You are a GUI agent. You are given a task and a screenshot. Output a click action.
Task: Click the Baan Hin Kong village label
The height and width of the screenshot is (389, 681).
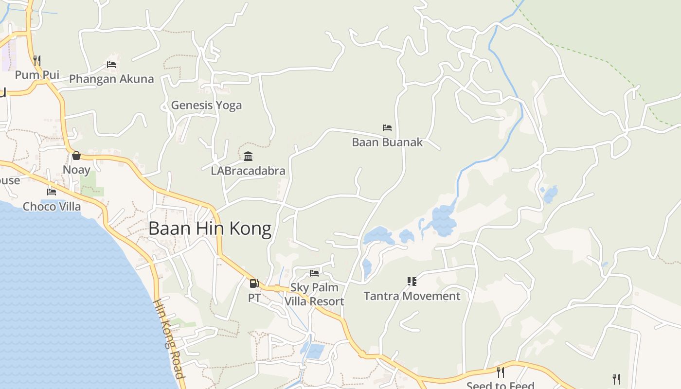tap(210, 229)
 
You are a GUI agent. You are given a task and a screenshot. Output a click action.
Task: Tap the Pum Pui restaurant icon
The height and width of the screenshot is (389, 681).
tap(37, 60)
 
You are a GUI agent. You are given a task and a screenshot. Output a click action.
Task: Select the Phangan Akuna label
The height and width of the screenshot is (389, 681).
tap(111, 79)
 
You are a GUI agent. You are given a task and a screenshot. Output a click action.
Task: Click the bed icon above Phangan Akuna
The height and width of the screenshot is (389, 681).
tap(111, 64)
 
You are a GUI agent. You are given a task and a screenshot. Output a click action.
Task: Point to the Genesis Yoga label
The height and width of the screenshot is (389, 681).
tap(206, 105)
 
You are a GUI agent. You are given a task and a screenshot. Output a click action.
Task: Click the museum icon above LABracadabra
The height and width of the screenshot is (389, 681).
tap(248, 156)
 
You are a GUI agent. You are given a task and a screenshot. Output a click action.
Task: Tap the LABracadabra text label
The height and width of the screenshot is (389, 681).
tap(248, 171)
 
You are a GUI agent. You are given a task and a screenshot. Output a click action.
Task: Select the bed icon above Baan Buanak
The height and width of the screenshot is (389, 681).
tap(387, 128)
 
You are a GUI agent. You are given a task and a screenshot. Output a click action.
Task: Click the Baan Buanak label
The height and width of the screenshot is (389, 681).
tap(387, 142)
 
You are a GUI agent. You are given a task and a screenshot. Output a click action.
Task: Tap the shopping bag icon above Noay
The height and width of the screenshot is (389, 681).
tap(76, 156)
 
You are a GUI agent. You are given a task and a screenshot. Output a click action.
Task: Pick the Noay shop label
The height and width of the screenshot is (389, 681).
tap(76, 170)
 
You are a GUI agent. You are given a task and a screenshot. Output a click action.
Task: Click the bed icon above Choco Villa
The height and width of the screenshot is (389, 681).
tap(52, 192)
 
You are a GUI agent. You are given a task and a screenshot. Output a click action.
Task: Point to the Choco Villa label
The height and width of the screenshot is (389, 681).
tap(52, 207)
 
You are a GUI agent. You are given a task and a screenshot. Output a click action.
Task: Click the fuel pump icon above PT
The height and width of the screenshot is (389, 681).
tap(254, 283)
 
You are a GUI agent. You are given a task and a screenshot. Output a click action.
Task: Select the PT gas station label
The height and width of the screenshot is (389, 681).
tap(254, 298)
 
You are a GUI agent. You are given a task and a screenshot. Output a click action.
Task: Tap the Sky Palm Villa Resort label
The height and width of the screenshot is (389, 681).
tap(314, 294)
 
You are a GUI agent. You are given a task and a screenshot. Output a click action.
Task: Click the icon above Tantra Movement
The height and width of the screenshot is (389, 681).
tap(412, 282)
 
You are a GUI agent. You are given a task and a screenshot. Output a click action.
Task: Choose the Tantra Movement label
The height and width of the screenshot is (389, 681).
tap(412, 296)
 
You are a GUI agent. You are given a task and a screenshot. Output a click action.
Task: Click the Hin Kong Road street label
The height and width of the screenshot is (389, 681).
tap(169, 338)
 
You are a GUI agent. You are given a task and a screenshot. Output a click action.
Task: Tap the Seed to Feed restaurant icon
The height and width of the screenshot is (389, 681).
tap(500, 372)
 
